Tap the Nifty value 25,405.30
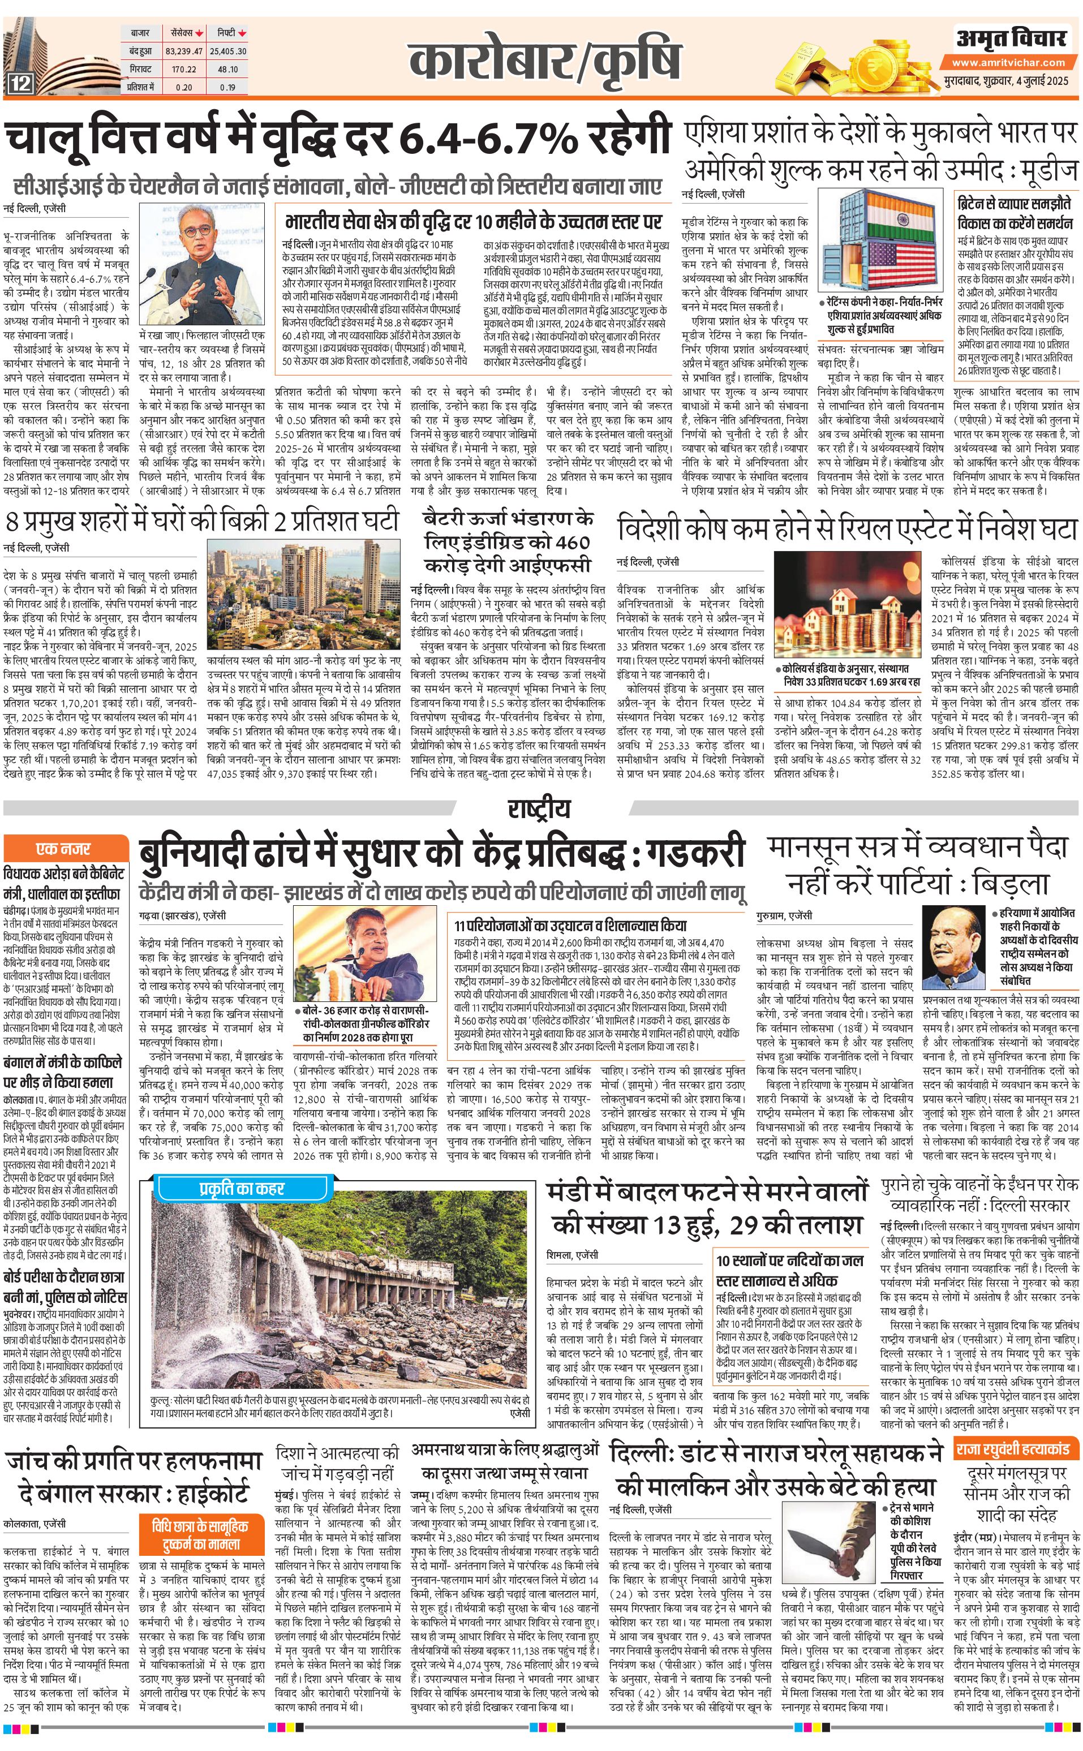point(228,51)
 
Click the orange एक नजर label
point(64,849)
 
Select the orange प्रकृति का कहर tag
point(242,1189)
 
